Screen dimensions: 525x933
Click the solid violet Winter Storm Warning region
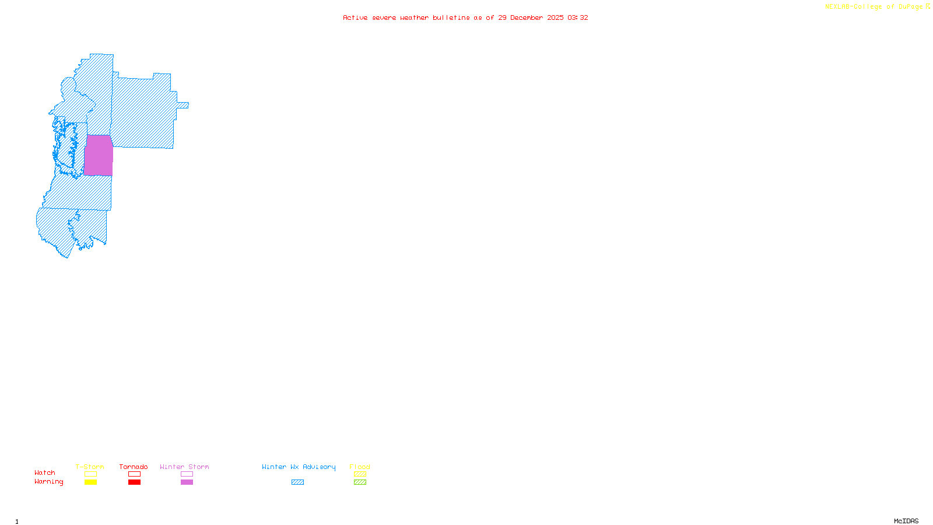(x=99, y=155)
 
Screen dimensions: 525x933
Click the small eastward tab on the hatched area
(x=183, y=106)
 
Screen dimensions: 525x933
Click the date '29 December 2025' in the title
(x=531, y=18)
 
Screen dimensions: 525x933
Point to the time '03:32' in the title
(x=578, y=18)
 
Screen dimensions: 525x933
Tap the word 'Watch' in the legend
(x=45, y=473)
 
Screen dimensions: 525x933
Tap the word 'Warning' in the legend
(x=48, y=482)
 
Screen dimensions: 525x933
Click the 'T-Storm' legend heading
(x=90, y=467)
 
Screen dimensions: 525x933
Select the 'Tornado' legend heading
(x=134, y=467)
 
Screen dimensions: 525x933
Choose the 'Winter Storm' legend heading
(x=184, y=467)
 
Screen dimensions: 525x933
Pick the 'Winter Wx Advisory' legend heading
(x=299, y=467)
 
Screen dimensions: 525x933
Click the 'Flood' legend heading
(x=360, y=467)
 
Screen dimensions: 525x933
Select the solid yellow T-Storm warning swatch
(x=90, y=482)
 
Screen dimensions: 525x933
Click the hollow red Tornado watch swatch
(x=134, y=474)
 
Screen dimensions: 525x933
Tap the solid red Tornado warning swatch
(x=134, y=482)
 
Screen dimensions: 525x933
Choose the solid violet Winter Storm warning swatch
(x=187, y=482)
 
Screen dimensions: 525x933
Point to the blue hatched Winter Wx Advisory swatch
(x=297, y=482)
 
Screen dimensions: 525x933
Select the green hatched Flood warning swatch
(x=360, y=482)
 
